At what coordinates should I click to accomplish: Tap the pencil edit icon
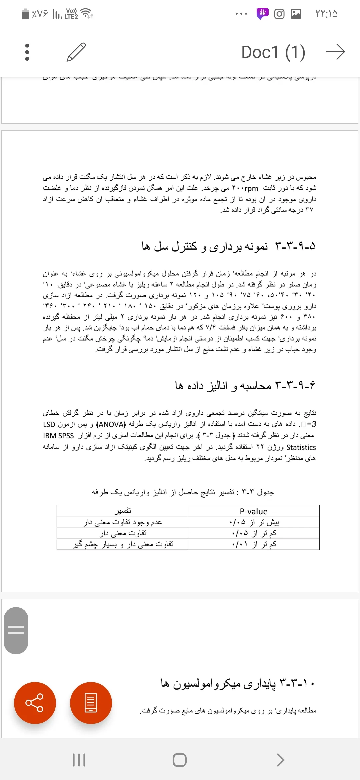click(x=76, y=52)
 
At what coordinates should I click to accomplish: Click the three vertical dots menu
click(x=27, y=52)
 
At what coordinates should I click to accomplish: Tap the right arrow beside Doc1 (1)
click(x=335, y=52)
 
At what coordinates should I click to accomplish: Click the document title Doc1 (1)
click(x=273, y=52)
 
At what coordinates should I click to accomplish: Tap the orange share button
click(x=35, y=703)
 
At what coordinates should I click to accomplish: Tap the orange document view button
click(x=91, y=703)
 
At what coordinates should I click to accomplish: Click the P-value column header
click(x=254, y=511)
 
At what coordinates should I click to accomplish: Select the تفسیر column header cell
click(x=123, y=511)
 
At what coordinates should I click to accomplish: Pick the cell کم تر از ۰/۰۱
click(x=254, y=544)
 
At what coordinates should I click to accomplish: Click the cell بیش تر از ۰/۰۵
click(x=254, y=522)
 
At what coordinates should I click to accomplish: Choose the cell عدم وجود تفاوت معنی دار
click(x=123, y=522)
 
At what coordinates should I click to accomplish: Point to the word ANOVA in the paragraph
click(x=112, y=424)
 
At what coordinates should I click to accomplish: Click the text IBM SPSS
click(x=58, y=436)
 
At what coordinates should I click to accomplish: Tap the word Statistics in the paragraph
click(x=301, y=447)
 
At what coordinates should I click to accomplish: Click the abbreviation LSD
click(x=49, y=424)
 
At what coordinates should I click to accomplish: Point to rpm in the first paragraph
click(x=251, y=188)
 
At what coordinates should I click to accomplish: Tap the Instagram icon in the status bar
click(x=279, y=14)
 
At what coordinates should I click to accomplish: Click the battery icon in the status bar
click(x=25, y=14)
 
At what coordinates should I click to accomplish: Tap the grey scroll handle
click(x=16, y=630)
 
